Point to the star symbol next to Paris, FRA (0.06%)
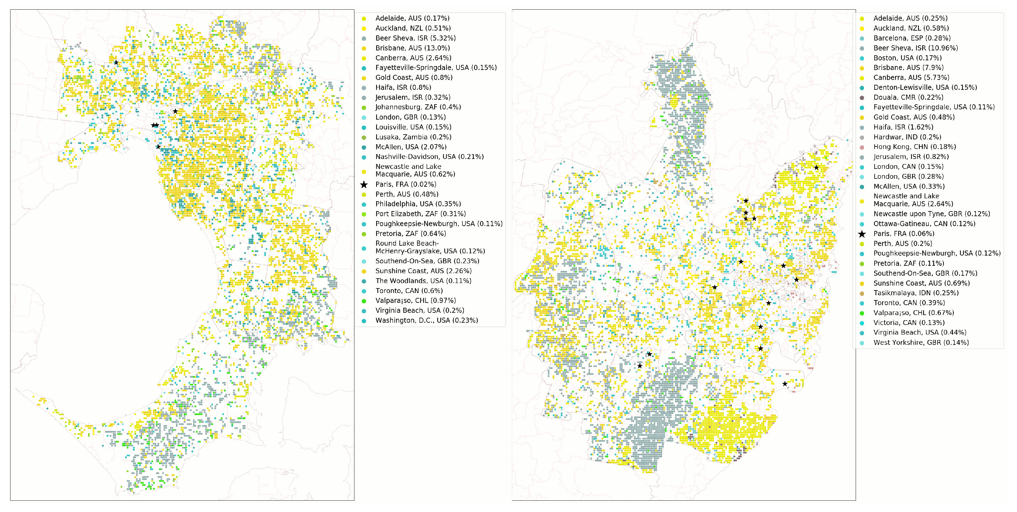click(862, 234)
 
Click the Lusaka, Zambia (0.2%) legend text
click(413, 137)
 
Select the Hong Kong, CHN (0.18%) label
click(914, 147)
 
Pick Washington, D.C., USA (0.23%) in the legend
click(426, 320)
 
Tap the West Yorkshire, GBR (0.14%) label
click(921, 342)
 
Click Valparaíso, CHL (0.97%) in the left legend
click(415, 301)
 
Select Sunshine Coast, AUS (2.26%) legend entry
click(423, 271)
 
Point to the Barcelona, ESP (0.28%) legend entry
click(912, 38)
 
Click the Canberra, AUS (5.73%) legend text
click(911, 78)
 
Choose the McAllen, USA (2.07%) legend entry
click(411, 147)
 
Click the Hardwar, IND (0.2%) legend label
click(907, 137)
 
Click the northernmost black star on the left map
click(116, 62)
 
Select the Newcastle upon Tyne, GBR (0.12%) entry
click(931, 214)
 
